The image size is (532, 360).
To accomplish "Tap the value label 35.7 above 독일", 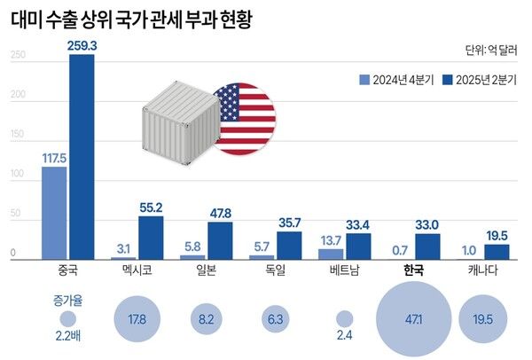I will point(288,222).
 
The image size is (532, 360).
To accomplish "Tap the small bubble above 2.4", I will point(345,319).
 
